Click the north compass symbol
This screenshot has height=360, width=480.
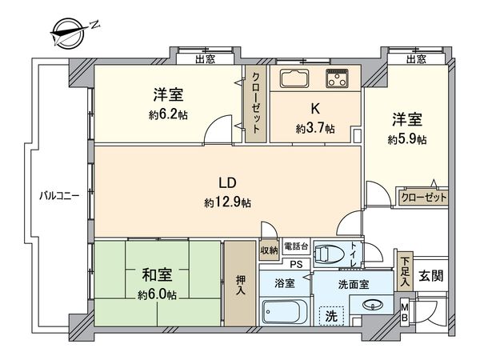pos(70,31)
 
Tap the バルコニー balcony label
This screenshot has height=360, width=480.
pos(60,195)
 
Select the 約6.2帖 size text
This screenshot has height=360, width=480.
pos(167,114)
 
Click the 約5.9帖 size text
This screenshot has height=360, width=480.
pos(406,139)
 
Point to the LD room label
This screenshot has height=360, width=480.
pos(230,180)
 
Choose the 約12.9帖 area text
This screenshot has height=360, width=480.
pos(227,203)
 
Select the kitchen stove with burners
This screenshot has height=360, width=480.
pos(337,79)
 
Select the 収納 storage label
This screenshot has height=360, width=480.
pos(269,250)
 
